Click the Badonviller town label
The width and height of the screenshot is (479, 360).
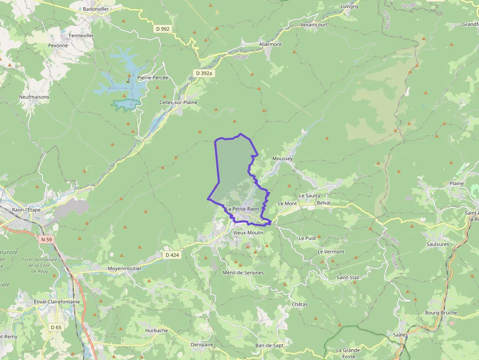[96, 9]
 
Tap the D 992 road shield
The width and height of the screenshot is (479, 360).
[162, 29]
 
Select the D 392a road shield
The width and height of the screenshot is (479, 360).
[204, 73]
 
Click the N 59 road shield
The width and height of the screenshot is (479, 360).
[46, 239]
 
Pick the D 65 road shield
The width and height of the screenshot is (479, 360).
[56, 327]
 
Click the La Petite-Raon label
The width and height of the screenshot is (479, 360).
[242, 209]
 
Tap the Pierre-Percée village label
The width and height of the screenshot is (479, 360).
[152, 78]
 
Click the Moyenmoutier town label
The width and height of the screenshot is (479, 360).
[124, 269]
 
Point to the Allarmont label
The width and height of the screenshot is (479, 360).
[270, 44]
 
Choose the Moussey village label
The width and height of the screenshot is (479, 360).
[282, 159]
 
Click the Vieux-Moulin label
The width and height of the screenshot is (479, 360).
[248, 233]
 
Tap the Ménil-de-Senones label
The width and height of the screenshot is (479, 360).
[243, 273]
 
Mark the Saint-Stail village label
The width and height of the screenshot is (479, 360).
[348, 277]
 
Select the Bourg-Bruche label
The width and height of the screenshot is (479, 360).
[441, 313]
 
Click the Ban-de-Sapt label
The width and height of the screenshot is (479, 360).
[269, 345]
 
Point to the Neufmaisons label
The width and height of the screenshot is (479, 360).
[34, 97]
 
